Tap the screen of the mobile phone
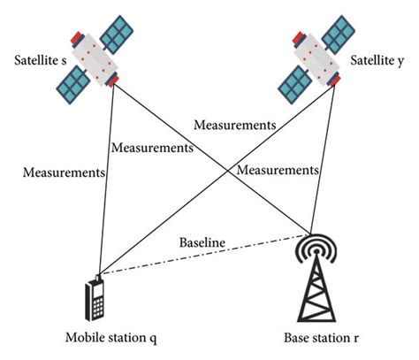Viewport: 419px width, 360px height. (96, 291)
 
